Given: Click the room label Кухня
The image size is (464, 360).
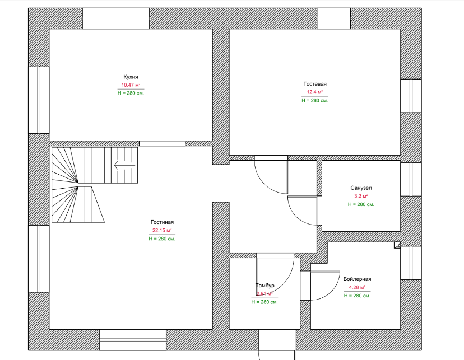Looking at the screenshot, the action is tap(131, 77).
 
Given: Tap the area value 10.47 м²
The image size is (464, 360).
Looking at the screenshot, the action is tap(131, 85).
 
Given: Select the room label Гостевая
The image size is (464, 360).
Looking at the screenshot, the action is tap(315, 83).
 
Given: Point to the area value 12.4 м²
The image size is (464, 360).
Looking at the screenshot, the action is tap(315, 92).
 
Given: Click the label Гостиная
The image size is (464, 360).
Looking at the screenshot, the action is tap(162, 222).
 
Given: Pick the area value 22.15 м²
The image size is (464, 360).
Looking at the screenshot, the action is tap(162, 230).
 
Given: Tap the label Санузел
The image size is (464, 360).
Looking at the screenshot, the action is tap(361, 188).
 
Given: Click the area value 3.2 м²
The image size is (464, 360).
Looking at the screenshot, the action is tap(361, 197).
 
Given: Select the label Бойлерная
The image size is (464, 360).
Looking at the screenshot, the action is tap(357, 279).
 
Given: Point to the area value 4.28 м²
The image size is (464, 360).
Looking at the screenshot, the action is tap(357, 287).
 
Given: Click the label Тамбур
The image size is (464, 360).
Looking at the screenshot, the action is tap(265, 286).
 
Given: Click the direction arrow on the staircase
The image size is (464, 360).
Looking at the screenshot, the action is tap(124, 165).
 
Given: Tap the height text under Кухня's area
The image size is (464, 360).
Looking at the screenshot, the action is tap(131, 93).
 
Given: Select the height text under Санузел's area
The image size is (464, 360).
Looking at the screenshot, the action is tap(361, 204).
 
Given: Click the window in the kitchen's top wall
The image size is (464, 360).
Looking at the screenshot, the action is tap(116, 19).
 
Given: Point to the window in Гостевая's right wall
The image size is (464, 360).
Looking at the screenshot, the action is tap(411, 96).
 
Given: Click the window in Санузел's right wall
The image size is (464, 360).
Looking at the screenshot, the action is tap(411, 179).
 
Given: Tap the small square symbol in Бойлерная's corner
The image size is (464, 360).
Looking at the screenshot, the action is tap(397, 245).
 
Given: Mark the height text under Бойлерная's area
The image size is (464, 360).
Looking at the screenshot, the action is tap(357, 295).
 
